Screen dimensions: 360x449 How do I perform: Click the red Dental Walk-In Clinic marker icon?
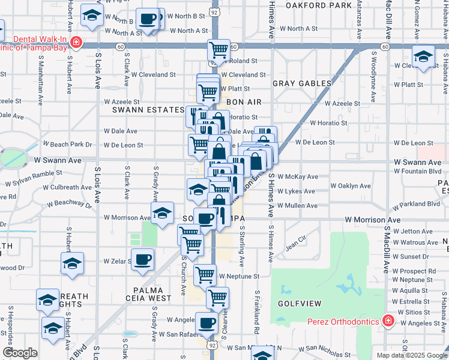click(76, 42)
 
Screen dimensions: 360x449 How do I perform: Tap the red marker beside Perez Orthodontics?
click(388, 320)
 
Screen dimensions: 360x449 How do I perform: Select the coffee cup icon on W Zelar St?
click(143, 260)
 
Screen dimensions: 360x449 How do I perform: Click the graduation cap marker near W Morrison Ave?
click(161, 214)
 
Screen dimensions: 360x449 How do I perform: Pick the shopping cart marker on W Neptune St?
click(205, 275)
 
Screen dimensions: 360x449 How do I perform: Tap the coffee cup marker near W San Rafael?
click(207, 323)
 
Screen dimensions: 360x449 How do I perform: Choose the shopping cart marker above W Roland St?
click(218, 49)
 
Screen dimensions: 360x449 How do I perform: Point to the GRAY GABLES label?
click(302, 83)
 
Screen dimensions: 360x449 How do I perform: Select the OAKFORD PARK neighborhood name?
click(319, 5)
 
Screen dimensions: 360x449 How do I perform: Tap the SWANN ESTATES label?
click(147, 110)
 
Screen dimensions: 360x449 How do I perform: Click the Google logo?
click(20, 353)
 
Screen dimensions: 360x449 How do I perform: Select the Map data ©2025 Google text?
click(411, 355)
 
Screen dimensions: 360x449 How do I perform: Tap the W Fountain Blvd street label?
click(417, 171)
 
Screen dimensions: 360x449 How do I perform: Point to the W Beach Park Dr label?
click(67, 145)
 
